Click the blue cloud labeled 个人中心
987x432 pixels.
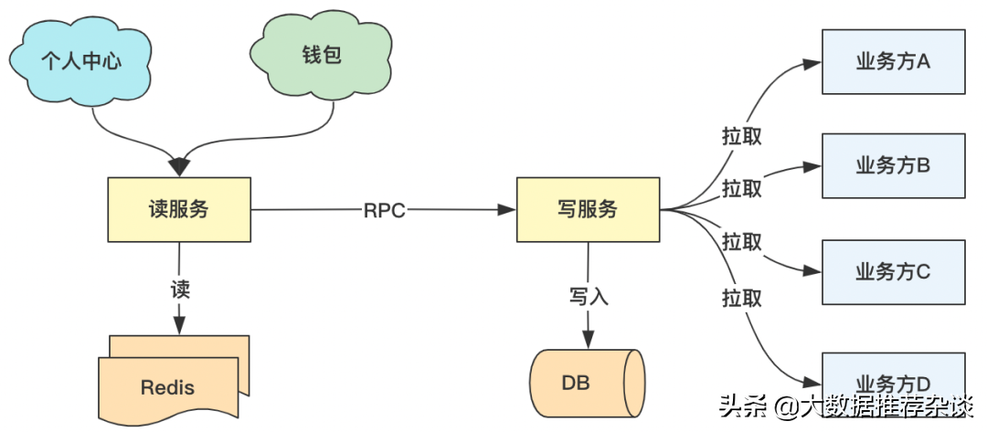point(80,61)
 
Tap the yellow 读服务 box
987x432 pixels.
point(179,209)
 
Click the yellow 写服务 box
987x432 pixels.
point(588,209)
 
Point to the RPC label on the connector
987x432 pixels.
point(385,211)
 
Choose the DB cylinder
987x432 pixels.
point(588,383)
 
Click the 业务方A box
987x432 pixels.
point(893,61)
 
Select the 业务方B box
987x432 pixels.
point(893,166)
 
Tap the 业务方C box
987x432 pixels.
point(893,271)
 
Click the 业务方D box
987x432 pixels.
point(893,376)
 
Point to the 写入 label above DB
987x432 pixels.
point(589,296)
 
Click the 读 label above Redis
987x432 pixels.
point(180,290)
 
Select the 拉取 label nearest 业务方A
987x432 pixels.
point(741,136)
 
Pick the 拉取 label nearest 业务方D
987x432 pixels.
point(741,298)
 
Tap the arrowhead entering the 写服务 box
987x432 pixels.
point(507,210)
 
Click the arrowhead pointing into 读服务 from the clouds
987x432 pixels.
point(179,167)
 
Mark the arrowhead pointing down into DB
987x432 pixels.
point(589,340)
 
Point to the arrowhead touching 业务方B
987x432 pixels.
point(812,166)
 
